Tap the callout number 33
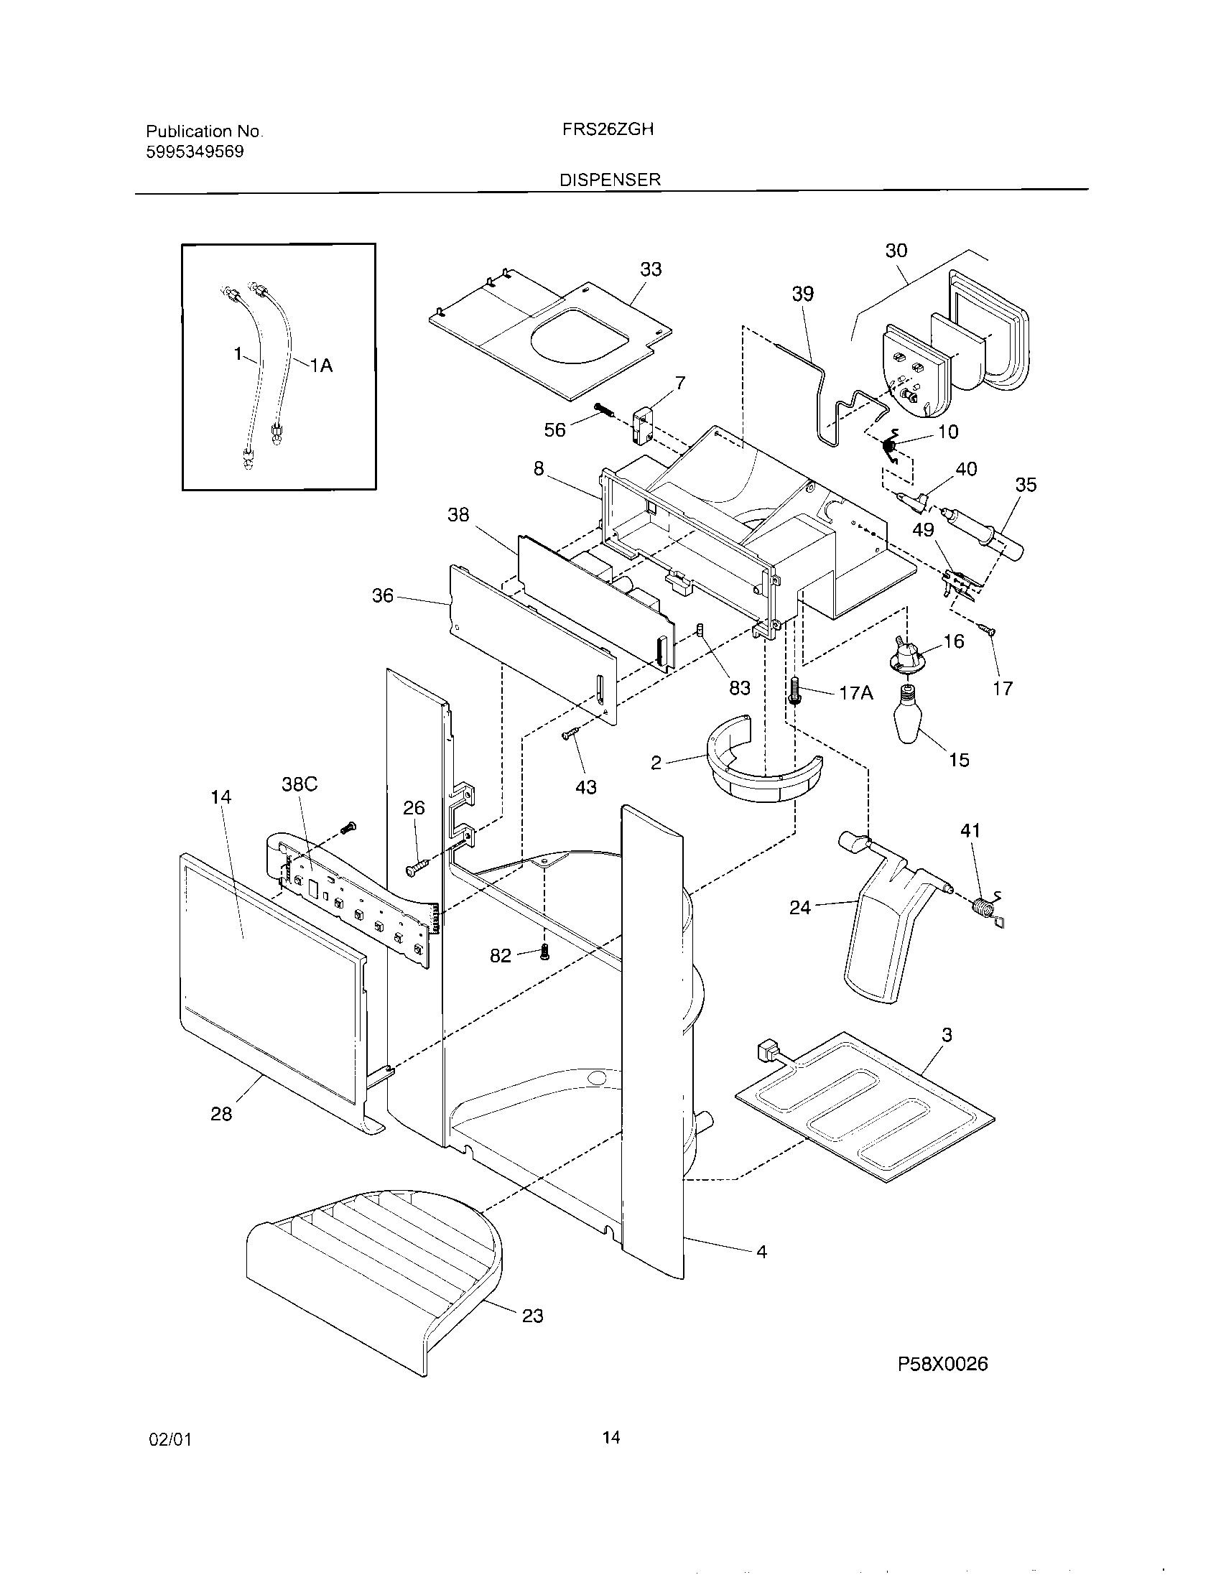650,269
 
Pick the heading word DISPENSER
610,180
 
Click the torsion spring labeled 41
987,908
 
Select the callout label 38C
299,784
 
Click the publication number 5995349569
195,152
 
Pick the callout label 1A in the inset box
321,366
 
